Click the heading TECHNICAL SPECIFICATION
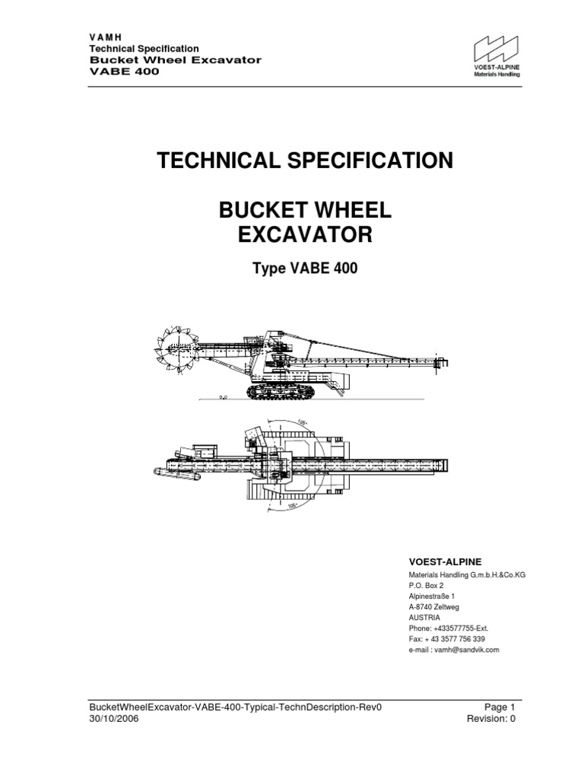(x=304, y=161)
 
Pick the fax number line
(x=447, y=640)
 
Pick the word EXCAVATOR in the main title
(x=303, y=236)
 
